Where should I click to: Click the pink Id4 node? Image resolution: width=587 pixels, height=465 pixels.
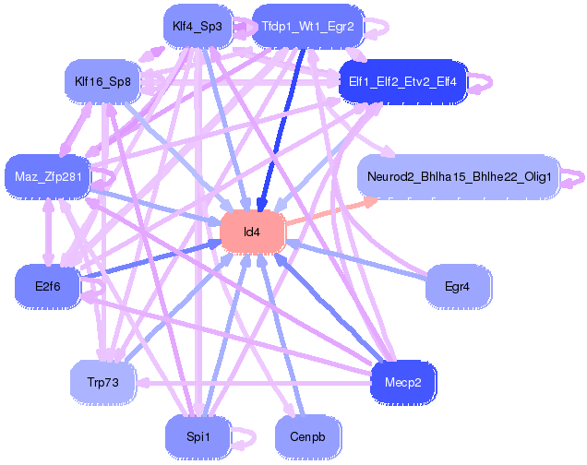252,232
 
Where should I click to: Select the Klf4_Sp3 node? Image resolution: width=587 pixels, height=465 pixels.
197,26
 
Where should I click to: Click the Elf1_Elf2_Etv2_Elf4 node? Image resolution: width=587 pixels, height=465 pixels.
403,82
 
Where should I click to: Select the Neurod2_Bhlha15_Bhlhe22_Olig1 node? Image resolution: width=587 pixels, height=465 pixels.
458,176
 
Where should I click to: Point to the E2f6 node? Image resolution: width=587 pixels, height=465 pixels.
47,287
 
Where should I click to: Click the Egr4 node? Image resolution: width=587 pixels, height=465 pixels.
457,287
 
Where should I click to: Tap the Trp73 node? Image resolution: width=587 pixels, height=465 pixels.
103,381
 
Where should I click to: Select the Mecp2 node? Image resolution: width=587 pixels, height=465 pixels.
402,381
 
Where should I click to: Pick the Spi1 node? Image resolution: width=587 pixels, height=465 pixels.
197,435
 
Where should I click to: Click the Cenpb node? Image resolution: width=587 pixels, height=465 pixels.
307,435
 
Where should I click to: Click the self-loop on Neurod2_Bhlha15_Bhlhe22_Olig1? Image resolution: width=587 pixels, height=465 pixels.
574,175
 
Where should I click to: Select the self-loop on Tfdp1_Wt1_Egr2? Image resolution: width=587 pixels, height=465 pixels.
380,27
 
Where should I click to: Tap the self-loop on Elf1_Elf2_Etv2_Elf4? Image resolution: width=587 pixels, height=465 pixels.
484,83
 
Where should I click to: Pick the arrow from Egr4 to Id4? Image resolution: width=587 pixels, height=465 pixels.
360,260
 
